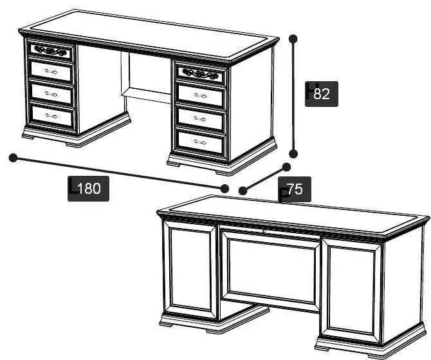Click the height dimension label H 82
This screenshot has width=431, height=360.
pos(322,94)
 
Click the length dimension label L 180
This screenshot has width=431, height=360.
pos(88,189)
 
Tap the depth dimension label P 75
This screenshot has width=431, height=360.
pos(295,189)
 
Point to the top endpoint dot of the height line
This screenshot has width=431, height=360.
pos(293,39)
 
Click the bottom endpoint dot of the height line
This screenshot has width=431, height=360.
pos(293,154)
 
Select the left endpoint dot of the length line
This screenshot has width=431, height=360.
pos(14,158)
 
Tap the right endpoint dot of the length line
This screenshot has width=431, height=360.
pos(225,189)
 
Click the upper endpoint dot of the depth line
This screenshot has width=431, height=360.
pos(286,167)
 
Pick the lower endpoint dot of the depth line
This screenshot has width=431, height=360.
pos(243,191)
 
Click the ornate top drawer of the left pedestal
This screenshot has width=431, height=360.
pos(51,51)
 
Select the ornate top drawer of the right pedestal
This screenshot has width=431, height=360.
pos(201,73)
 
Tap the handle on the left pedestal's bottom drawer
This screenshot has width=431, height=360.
pos(51,116)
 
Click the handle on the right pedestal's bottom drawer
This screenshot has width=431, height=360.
pos(200,142)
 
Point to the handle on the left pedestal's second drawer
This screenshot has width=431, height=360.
pos(51,72)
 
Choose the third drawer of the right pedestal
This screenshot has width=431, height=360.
pos(200,119)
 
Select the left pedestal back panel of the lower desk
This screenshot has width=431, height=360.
pos(190,270)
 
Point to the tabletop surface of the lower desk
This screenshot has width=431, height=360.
pos(293,215)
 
